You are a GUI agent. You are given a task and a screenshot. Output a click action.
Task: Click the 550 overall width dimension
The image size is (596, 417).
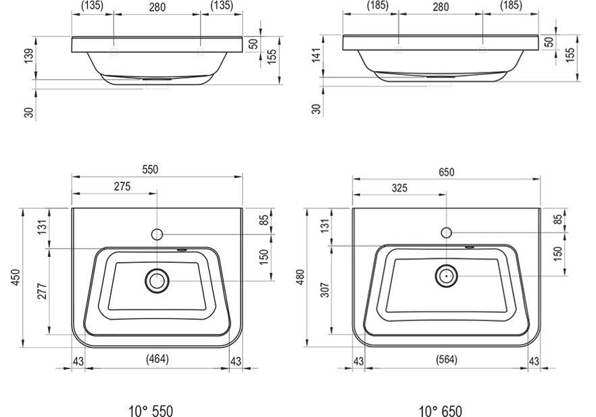tap(150, 170)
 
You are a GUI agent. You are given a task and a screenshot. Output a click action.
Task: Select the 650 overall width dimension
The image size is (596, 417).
tap(446, 172)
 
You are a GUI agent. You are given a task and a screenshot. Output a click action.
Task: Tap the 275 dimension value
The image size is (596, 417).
tap(122, 187)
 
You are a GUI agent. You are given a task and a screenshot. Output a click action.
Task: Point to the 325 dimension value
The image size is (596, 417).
tap(399, 188)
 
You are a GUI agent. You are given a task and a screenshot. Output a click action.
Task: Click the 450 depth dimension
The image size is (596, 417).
tap(15, 278)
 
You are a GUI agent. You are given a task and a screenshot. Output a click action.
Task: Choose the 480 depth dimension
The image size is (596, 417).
tap(300, 278)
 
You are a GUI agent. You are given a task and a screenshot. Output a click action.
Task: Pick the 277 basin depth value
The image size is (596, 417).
tap(42, 291)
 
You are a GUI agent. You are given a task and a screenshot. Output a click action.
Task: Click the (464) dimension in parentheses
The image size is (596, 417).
tap(157, 359)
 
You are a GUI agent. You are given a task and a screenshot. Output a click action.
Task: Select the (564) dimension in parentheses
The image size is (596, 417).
tap(447, 360)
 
